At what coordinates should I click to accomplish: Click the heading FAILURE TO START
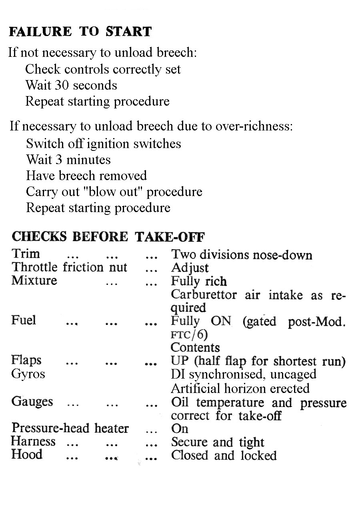point(80,31)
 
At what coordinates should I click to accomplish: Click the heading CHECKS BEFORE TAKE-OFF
point(108,236)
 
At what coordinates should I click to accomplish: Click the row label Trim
point(26,254)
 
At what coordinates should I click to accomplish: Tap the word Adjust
point(190,267)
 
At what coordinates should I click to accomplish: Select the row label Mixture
point(34,280)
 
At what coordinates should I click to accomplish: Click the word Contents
point(195,347)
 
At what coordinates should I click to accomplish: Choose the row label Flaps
point(26,361)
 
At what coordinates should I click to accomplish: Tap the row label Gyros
point(28,374)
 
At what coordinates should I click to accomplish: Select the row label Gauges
point(32,401)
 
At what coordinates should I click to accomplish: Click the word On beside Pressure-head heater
point(180,429)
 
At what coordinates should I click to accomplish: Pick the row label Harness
point(33,441)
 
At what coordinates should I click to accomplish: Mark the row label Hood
point(27,455)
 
